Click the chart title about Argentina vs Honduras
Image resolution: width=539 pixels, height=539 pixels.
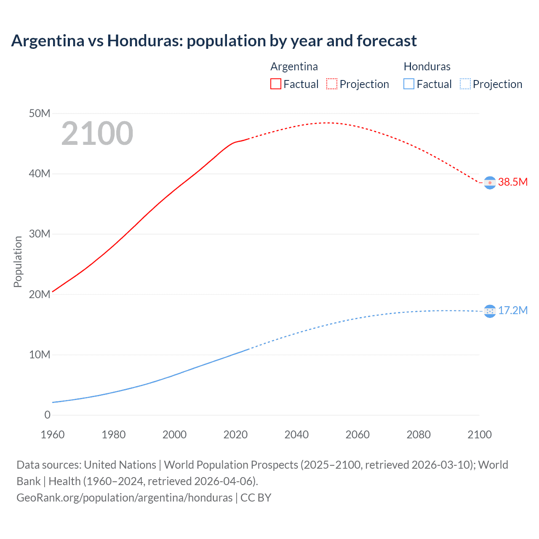point(214,41)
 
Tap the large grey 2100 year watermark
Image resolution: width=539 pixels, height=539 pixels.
point(97,133)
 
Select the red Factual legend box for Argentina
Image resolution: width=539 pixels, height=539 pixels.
point(275,84)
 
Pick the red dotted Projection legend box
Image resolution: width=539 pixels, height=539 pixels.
point(332,84)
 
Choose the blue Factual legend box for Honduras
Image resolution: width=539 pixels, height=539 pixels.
point(409,84)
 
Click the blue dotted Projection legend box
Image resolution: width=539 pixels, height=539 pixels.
point(465,84)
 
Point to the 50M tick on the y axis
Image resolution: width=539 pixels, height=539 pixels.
point(40,113)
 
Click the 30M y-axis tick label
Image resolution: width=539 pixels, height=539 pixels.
point(40,234)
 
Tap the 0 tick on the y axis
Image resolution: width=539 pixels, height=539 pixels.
point(47,415)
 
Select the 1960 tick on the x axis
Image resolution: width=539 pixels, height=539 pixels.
point(53,435)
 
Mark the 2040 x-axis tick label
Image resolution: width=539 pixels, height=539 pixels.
point(296,435)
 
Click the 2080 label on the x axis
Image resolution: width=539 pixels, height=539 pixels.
point(419,435)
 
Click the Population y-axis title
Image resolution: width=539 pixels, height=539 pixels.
point(18,261)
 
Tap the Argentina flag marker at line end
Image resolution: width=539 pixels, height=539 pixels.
point(490,183)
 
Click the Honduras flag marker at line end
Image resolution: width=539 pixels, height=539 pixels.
point(490,311)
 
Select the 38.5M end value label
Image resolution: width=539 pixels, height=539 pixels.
point(512,182)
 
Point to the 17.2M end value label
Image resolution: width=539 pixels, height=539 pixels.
point(512,310)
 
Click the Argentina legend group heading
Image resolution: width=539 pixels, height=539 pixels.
point(294,67)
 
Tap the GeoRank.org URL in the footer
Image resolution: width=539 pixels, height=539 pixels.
point(125,497)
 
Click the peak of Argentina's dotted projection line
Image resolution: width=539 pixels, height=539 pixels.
point(328,123)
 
